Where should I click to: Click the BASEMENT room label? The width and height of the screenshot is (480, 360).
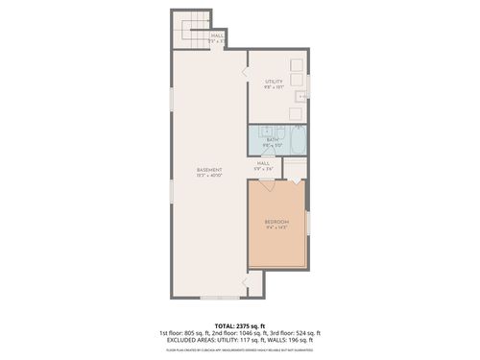pyautogui.click(x=208, y=170)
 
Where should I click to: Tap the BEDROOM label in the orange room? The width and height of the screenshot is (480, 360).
pyautogui.click(x=276, y=223)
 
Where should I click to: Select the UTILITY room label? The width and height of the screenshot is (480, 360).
pyautogui.click(x=275, y=82)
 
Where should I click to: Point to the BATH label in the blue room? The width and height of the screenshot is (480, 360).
pyautogui.click(x=273, y=140)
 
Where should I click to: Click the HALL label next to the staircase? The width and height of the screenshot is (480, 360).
pyautogui.click(x=218, y=36)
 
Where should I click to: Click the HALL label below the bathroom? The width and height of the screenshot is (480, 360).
pyautogui.click(x=262, y=164)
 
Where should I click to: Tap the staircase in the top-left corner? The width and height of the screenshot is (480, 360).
pyautogui.click(x=190, y=31)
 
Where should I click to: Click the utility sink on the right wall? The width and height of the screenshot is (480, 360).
pyautogui.click(x=301, y=97)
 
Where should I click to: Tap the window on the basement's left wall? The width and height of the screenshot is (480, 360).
pyautogui.click(x=172, y=191)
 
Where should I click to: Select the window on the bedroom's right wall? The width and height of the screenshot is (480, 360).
pyautogui.click(x=308, y=223)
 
